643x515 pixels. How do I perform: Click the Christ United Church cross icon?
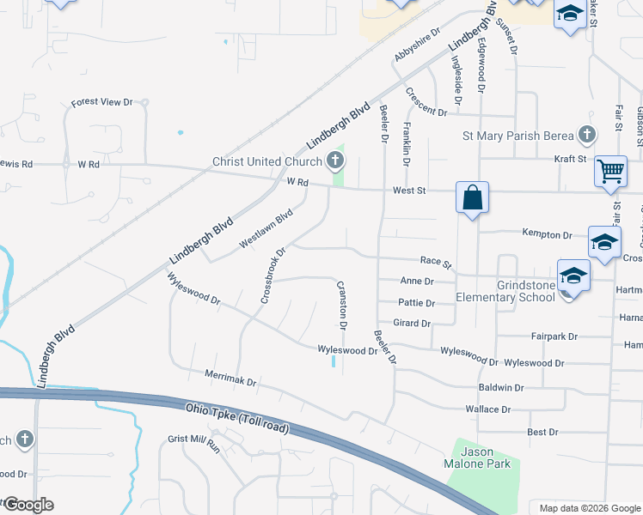335,161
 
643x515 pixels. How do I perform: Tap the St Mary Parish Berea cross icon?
586,135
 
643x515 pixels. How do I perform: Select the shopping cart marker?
610,170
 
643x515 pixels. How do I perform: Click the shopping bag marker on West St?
472,197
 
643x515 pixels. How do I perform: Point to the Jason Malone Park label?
486,457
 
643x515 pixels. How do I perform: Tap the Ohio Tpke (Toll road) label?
236,417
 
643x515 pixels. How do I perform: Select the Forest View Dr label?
101,102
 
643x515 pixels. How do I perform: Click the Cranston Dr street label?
341,306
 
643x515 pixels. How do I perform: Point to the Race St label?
436,261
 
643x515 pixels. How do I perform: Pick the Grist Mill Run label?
193,443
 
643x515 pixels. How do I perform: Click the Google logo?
28,505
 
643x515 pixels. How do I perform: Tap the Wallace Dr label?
487,410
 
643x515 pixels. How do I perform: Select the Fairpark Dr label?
554,336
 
